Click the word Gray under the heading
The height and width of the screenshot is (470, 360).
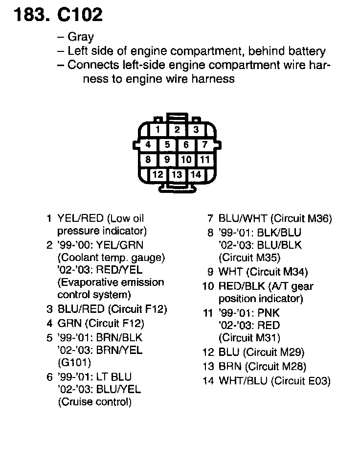[x=81, y=37]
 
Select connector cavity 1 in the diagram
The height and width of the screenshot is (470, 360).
[x=157, y=130]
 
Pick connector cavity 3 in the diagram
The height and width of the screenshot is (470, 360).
[x=196, y=130]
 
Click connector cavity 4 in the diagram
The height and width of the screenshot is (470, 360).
[x=148, y=145]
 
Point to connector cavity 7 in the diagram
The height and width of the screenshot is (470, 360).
[x=205, y=145]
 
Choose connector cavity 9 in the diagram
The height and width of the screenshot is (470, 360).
[x=167, y=160]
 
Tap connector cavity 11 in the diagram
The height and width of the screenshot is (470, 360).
[x=205, y=160]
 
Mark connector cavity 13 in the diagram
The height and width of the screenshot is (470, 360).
[x=177, y=174]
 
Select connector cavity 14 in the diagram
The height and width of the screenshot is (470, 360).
[x=196, y=174]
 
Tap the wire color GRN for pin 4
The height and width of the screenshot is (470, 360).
[x=67, y=323]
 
